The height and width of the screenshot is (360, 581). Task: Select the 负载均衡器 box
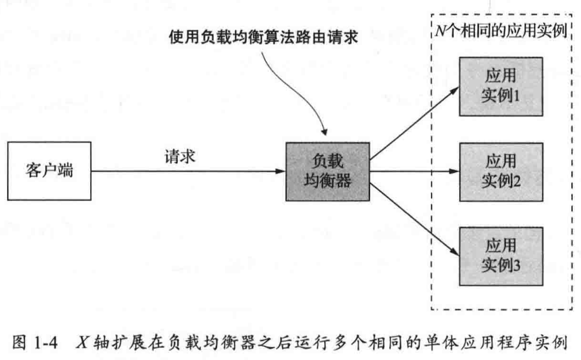click(x=328, y=172)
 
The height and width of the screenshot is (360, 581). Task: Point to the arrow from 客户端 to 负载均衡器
click(x=188, y=172)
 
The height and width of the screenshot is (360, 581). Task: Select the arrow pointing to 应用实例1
click(x=413, y=124)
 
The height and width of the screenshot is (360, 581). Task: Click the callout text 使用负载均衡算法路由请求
click(x=263, y=40)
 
